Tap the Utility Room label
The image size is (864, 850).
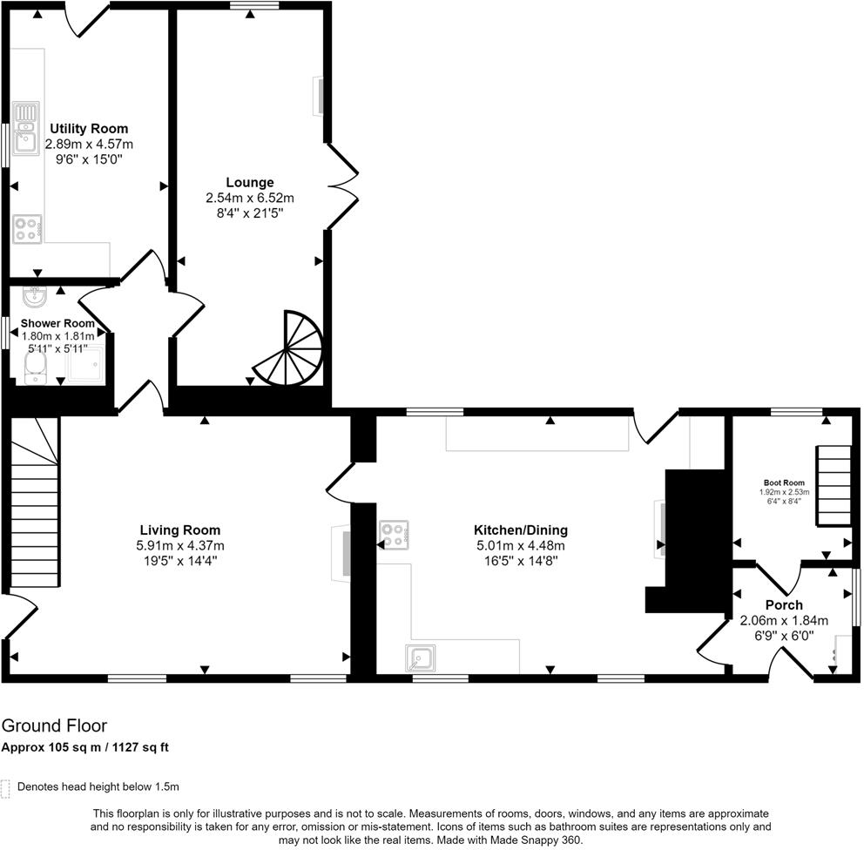pos(89,129)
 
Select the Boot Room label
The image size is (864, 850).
pos(784,482)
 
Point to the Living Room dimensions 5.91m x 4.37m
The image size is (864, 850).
pos(180,545)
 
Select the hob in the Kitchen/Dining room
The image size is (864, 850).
pos(394,535)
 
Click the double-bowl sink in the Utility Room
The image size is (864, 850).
pos(25,127)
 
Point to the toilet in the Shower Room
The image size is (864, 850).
pos(36,366)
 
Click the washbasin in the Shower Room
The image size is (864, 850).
pos(36,297)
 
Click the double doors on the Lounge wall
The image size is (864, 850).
pos(341,186)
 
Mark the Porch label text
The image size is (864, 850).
pos(784,605)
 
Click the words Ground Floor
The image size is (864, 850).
pos(54,725)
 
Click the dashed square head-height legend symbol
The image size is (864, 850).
pos(6,788)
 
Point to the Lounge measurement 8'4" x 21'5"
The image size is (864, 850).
pos(250,212)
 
